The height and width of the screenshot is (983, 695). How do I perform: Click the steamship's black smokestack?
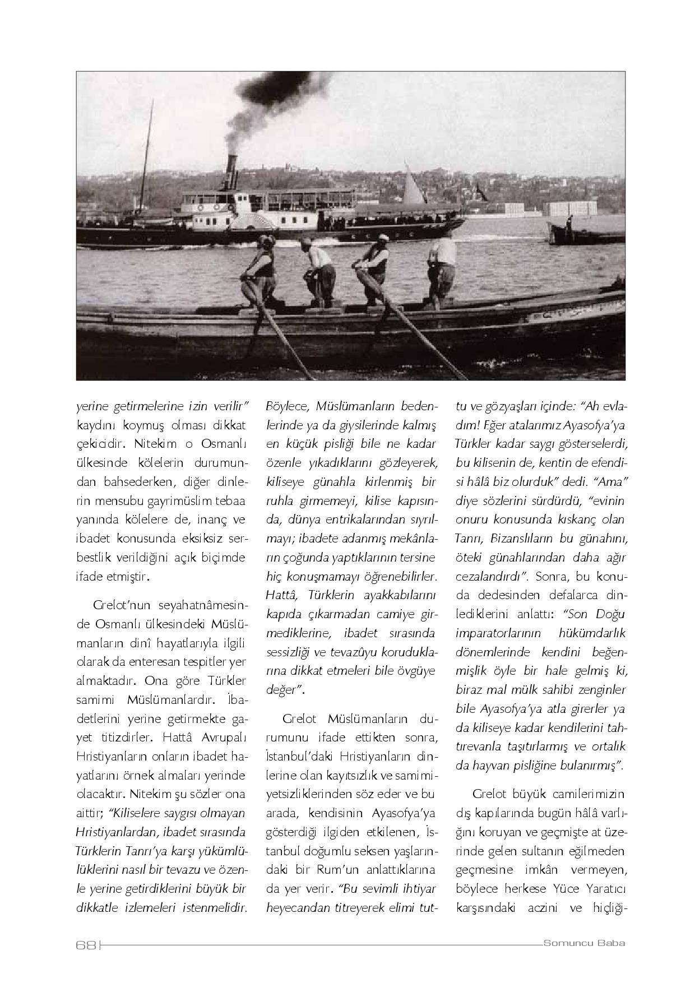(230, 171)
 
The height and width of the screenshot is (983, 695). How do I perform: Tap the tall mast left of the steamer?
(146, 163)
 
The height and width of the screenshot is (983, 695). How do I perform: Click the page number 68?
(86, 944)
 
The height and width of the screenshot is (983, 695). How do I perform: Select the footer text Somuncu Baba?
(584, 943)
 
